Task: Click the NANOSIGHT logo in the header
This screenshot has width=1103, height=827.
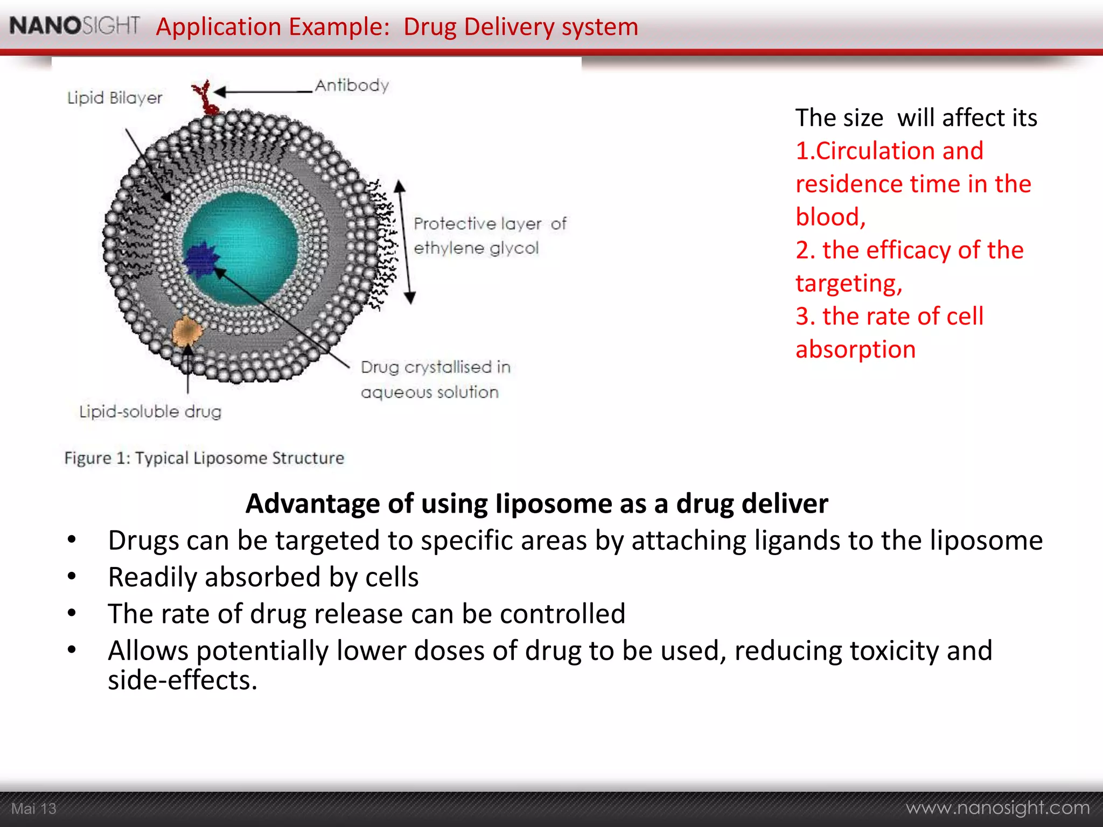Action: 74,25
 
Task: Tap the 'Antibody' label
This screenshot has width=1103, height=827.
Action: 352,86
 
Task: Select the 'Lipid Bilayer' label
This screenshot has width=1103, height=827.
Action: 114,98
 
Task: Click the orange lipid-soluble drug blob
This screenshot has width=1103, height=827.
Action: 186,332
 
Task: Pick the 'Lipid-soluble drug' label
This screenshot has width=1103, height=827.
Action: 150,412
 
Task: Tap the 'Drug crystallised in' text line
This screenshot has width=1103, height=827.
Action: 435,367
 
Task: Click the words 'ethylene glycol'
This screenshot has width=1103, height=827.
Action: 476,248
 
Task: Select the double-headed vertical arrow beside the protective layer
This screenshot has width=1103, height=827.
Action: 404,242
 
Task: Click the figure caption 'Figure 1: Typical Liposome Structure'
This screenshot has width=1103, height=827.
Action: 204,458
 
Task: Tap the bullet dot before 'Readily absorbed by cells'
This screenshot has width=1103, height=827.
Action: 72,577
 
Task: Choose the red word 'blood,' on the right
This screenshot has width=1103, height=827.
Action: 830,217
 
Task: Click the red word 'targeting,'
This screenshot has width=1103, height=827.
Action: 849,283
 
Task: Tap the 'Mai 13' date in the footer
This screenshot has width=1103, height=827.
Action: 33,809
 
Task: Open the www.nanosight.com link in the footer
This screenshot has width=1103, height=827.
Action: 997,808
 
